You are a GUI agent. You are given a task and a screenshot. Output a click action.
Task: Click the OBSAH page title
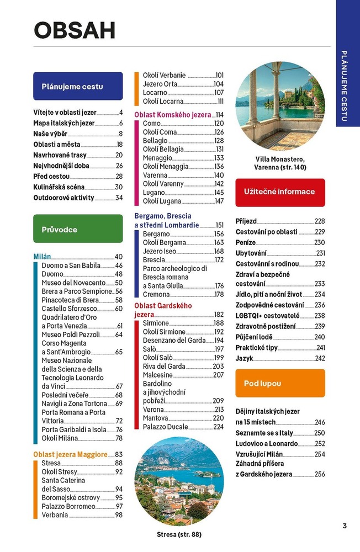(x=75, y=31)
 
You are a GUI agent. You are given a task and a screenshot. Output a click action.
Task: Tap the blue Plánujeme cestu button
(x=72, y=87)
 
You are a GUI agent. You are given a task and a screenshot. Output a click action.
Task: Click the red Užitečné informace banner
(x=279, y=192)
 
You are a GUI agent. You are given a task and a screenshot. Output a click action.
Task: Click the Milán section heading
(x=42, y=257)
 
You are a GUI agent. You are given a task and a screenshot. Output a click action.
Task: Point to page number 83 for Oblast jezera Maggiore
(x=119, y=454)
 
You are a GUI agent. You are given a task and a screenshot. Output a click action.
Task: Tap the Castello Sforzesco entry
(x=69, y=309)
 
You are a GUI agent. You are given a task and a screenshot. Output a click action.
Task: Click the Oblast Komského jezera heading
(x=173, y=115)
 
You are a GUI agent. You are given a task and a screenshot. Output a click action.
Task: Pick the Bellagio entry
(x=155, y=141)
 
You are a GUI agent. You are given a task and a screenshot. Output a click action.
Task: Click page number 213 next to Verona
(x=219, y=410)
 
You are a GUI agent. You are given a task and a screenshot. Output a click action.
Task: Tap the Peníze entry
(x=246, y=242)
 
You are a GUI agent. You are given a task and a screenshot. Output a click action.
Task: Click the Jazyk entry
(x=245, y=358)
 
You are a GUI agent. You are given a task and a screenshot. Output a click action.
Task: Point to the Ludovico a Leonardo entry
(x=267, y=444)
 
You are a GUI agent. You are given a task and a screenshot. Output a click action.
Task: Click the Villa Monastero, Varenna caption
(x=280, y=163)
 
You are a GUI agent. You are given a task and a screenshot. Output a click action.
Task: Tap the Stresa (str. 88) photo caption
(x=179, y=534)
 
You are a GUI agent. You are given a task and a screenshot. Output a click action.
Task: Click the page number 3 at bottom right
(x=345, y=526)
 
